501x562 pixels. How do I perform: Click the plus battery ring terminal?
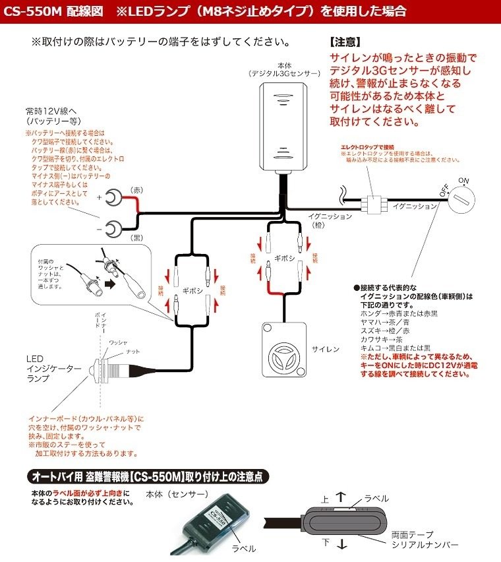point(113,196)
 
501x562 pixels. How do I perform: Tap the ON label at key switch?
point(463,179)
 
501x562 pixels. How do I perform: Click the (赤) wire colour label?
point(139,189)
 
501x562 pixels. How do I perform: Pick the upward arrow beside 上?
point(340,495)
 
